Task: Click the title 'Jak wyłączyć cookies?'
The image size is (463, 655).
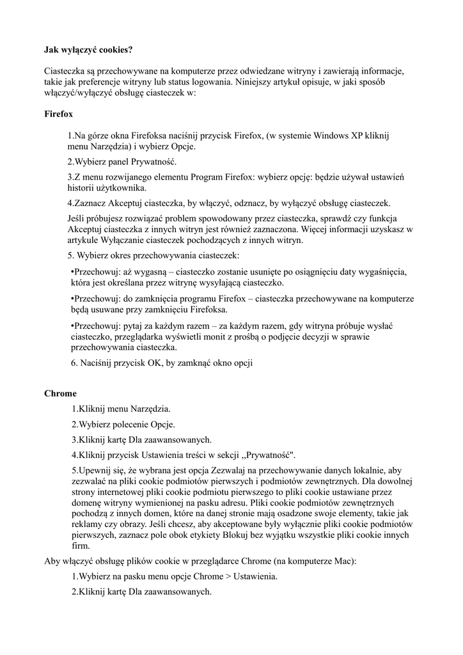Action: pos(88,49)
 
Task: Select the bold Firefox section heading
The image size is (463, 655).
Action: pos(58,114)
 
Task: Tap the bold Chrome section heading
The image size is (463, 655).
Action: pos(60,393)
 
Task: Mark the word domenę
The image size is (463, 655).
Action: pos(88,502)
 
